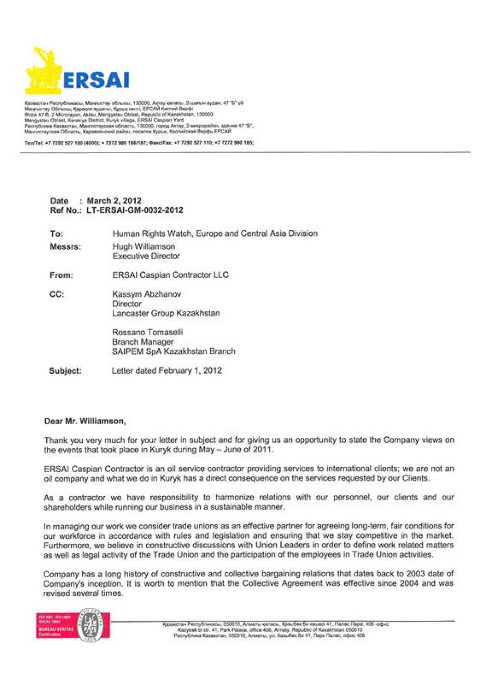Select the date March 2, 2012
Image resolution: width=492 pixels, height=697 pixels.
pos(114,200)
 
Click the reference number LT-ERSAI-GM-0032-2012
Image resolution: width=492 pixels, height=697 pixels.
pos(135,210)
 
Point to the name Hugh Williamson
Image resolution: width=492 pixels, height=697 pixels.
pos(144,246)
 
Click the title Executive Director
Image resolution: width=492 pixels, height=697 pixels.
pos(146,256)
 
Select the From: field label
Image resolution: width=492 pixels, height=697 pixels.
pos(61,275)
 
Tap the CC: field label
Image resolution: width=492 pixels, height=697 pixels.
pos(57,295)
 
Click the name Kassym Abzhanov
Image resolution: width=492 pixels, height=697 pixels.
pos(147,294)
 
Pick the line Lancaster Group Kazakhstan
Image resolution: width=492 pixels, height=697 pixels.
pos(166,313)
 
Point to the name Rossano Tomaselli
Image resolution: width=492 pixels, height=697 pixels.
pos(148,332)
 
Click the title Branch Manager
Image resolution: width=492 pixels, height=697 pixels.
pos(143,342)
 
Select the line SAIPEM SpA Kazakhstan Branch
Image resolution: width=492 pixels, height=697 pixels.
pos(174,351)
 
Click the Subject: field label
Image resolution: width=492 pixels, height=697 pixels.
pos(65,371)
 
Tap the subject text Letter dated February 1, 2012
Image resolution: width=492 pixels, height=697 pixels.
pos(167,371)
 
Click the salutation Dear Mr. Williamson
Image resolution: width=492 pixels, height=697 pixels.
pos(85,421)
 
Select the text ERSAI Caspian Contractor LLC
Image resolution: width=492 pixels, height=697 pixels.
pos(171,275)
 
